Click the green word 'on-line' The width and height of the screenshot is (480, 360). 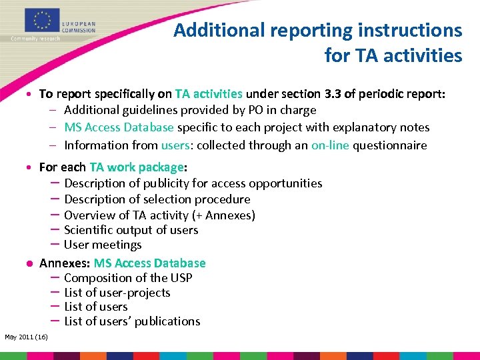pos(330,145)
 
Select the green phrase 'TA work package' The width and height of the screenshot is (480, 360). pos(136,167)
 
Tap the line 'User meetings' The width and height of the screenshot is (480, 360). pos(103,245)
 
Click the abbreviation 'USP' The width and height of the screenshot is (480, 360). pos(181,278)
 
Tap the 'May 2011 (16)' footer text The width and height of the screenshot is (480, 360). pos(26,337)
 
